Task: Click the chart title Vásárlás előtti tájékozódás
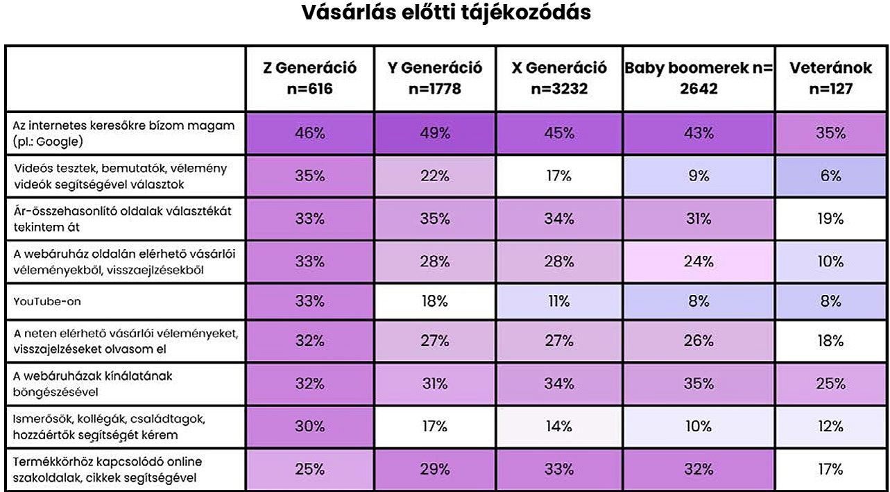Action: tap(446, 12)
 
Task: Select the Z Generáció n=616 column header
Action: tap(309, 78)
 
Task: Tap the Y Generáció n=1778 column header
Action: tap(435, 78)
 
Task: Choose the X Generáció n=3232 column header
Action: tap(559, 78)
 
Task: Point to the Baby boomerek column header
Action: tap(699, 78)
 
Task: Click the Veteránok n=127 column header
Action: tap(830, 78)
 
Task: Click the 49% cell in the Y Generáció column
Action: tap(435, 133)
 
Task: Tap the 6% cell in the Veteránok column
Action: tap(830, 176)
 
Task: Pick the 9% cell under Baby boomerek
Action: tap(699, 176)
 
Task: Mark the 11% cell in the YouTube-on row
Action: tap(559, 302)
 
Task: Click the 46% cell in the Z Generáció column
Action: tap(309, 133)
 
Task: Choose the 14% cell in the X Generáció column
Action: tap(559, 427)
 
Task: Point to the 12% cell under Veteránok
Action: tap(830, 427)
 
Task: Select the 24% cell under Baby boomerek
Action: tap(699, 262)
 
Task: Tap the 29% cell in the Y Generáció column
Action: tap(435, 469)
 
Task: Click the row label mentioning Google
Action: tap(124, 133)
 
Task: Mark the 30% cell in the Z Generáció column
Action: tap(309, 427)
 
